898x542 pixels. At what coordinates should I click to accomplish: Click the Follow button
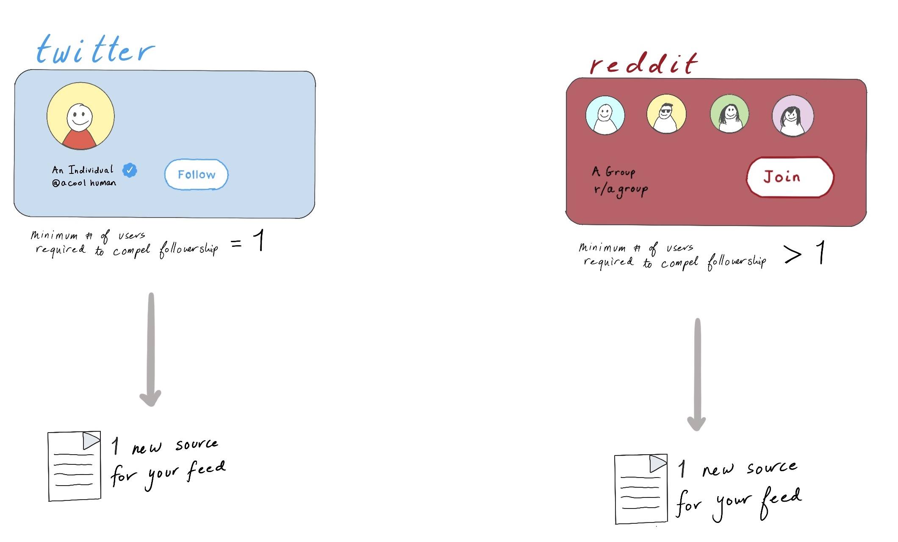[x=196, y=174]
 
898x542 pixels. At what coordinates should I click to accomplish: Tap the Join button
[x=790, y=177]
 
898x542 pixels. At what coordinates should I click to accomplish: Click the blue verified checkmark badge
[x=130, y=170]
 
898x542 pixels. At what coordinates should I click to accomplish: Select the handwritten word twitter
[x=95, y=50]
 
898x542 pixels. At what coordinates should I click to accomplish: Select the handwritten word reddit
[x=643, y=64]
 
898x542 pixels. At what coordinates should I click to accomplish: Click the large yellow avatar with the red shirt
[x=80, y=116]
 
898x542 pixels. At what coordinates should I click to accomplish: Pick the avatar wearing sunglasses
[x=666, y=114]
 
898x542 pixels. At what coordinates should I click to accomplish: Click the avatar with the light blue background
[x=605, y=115]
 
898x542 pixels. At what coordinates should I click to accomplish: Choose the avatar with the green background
[x=729, y=114]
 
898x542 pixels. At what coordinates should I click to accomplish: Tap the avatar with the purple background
[x=793, y=116]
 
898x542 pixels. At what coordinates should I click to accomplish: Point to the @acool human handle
[x=84, y=183]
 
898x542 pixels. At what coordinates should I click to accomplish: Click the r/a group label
[x=621, y=189]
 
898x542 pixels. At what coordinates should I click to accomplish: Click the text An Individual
[x=83, y=170]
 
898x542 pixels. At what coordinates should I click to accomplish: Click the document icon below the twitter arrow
[x=74, y=466]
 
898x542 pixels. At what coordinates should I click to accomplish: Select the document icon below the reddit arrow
[x=641, y=489]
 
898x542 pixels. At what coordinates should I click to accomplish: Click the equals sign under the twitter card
[x=236, y=243]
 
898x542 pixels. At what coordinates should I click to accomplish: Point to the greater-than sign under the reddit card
[x=793, y=255]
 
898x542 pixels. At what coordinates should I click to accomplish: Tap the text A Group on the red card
[x=613, y=172]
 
